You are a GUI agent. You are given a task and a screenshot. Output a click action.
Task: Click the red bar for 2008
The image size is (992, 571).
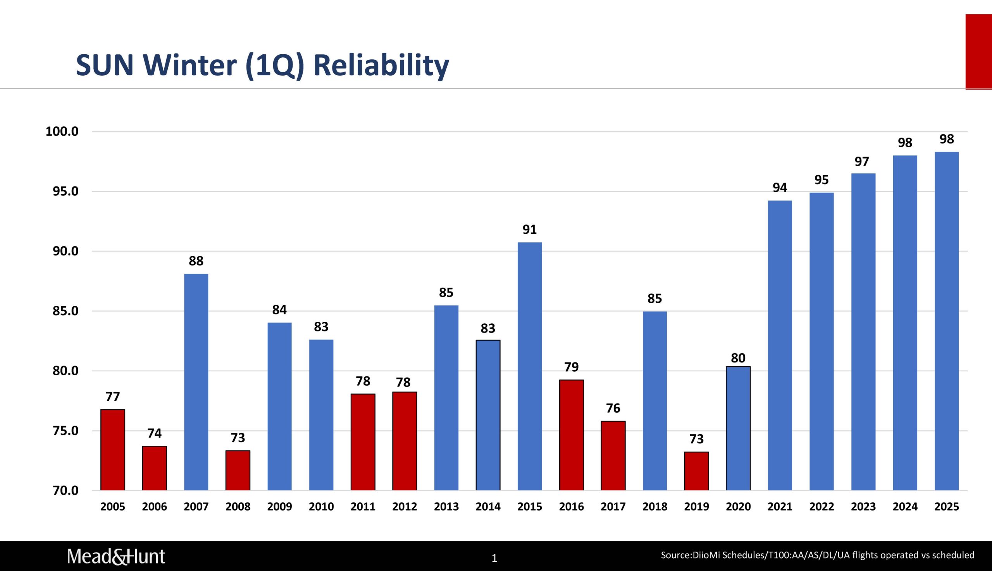pyautogui.click(x=238, y=470)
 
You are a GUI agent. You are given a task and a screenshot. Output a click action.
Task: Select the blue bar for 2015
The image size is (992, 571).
pyautogui.click(x=529, y=366)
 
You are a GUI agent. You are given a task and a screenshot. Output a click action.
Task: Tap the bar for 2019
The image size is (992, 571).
pyautogui.click(x=696, y=471)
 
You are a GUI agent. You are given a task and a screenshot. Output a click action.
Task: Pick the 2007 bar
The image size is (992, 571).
pyautogui.click(x=196, y=382)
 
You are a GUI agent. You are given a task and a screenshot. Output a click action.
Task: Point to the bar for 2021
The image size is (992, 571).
pyautogui.click(x=780, y=345)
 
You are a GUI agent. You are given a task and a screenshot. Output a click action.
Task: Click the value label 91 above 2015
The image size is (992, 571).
pyautogui.click(x=529, y=229)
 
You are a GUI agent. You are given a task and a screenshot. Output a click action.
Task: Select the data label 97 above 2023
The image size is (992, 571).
pyautogui.click(x=862, y=162)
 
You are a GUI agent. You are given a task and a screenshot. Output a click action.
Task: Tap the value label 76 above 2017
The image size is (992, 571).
pyautogui.click(x=613, y=408)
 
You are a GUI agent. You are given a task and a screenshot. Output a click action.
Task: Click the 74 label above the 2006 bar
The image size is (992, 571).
pyautogui.click(x=155, y=433)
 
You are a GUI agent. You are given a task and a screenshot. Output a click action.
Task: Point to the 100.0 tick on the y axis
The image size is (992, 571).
pyautogui.click(x=62, y=131)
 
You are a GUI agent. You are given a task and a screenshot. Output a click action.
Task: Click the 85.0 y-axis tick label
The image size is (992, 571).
pyautogui.click(x=65, y=311)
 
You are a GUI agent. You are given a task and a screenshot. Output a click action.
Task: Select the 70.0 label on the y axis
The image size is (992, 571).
pyautogui.click(x=65, y=491)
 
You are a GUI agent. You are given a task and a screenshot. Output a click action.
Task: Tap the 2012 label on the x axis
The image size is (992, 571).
pyautogui.click(x=405, y=507)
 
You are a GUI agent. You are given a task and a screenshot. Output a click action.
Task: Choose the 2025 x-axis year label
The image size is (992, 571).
pyautogui.click(x=947, y=507)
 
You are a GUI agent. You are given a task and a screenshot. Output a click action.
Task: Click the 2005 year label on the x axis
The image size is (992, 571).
pyautogui.click(x=112, y=507)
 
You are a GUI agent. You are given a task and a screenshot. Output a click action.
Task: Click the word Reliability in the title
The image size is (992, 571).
pyautogui.click(x=381, y=65)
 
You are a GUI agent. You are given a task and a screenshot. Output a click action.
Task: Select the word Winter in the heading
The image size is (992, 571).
pyautogui.click(x=190, y=65)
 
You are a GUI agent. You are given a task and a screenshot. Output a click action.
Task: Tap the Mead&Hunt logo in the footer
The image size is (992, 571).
pyautogui.click(x=116, y=557)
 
